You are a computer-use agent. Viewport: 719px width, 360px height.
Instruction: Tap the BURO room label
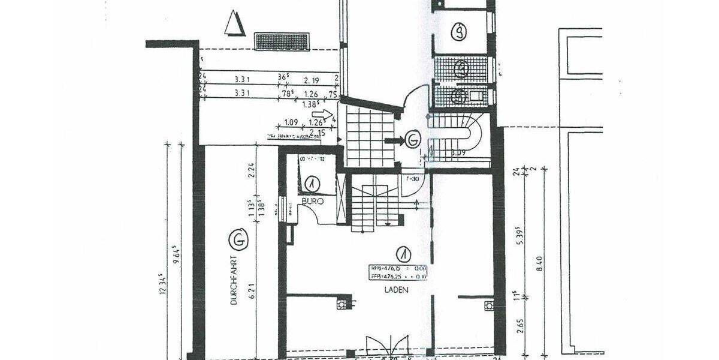click(312, 202)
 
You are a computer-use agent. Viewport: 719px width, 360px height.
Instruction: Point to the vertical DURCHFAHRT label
click(234, 283)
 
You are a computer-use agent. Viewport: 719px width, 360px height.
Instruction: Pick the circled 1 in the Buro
click(312, 183)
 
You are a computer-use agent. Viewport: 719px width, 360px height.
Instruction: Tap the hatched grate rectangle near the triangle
click(282, 41)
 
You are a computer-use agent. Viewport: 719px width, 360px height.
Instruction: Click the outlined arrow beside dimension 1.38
click(322, 113)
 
